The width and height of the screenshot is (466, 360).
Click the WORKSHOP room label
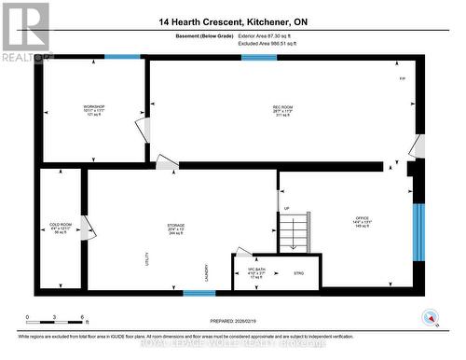[93, 107]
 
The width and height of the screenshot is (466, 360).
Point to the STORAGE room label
[176, 225]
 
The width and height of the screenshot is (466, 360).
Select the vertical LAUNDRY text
[207, 271]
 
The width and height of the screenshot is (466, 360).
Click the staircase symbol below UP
[295, 232]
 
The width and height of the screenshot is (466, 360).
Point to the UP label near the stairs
[287, 208]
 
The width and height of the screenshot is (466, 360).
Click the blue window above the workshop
[121, 57]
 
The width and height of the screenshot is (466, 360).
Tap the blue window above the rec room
[259, 57]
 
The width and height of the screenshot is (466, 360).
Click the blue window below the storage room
[199, 293]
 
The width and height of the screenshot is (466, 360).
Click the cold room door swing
[86, 227]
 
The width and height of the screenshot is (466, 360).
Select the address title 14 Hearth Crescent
[233, 21]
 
